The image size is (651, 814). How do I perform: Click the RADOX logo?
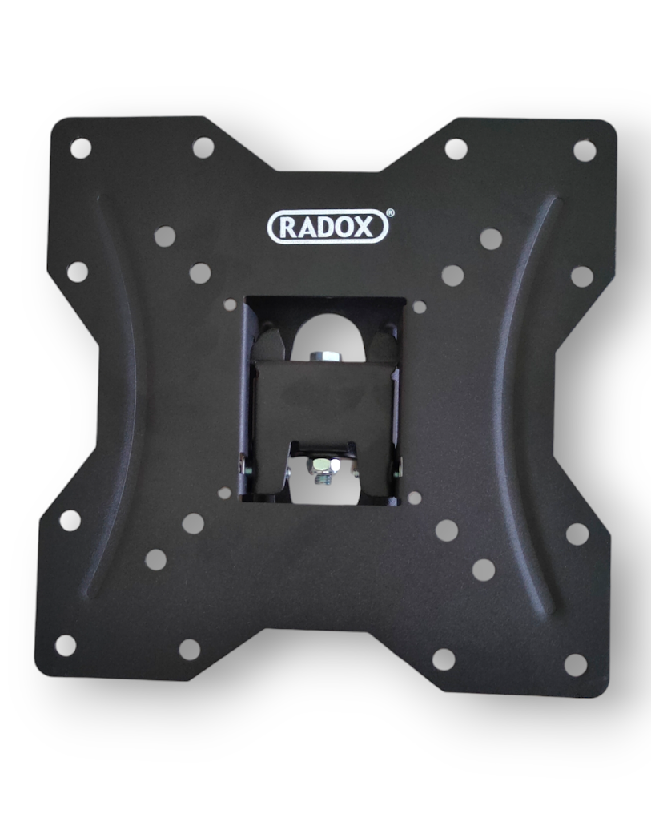pos(328,227)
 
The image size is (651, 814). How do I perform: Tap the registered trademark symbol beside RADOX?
pos(391,212)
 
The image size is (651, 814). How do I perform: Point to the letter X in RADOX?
pos(364,228)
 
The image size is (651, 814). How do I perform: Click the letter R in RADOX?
pos(289,228)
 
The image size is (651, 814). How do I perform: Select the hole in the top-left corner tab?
pos(80,148)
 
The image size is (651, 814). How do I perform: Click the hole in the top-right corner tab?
pos(585,150)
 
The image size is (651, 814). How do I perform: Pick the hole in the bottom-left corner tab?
pos(66,645)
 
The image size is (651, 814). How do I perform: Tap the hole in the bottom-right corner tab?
pos(575,665)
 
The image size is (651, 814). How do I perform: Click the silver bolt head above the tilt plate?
pos(323,357)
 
